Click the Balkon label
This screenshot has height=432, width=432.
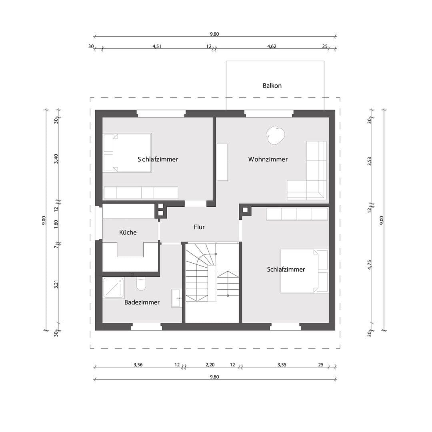tap(272, 86)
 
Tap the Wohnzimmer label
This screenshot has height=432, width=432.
tap(268, 159)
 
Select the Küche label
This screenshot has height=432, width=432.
tap(128, 232)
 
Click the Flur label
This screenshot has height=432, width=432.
tap(199, 227)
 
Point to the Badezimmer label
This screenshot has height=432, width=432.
tap(142, 302)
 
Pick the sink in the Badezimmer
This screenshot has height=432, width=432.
tap(176, 298)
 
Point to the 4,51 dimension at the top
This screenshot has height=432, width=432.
tap(157, 46)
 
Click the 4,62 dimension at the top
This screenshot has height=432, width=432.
tap(272, 46)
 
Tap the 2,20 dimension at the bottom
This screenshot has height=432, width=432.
tap(210, 365)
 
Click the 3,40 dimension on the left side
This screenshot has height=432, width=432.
tap(56, 158)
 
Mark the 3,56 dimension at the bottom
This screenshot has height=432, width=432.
tap(138, 365)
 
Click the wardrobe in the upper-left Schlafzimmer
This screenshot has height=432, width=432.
tap(141, 193)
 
